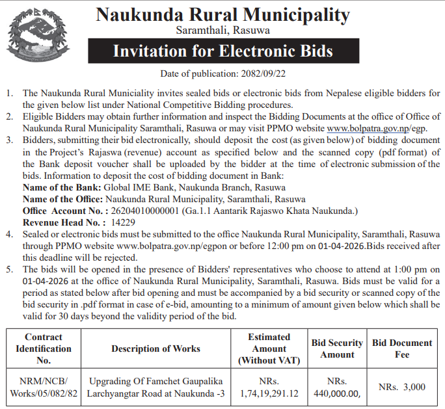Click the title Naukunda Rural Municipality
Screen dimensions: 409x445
222,14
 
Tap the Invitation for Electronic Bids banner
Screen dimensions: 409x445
222,51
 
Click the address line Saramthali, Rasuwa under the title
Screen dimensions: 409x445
222,30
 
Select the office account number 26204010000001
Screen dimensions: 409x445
143,211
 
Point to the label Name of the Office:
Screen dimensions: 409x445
62,199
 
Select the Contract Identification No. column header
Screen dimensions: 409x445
44,348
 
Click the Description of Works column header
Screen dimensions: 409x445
155,349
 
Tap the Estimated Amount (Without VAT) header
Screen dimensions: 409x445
269,348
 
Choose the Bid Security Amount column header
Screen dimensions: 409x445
337,349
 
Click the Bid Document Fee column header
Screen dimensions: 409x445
402,349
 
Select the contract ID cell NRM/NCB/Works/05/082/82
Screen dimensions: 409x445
44,387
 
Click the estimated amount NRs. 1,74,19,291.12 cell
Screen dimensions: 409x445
269,387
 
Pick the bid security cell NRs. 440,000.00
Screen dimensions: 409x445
337,387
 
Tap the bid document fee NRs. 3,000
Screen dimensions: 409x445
402,387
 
